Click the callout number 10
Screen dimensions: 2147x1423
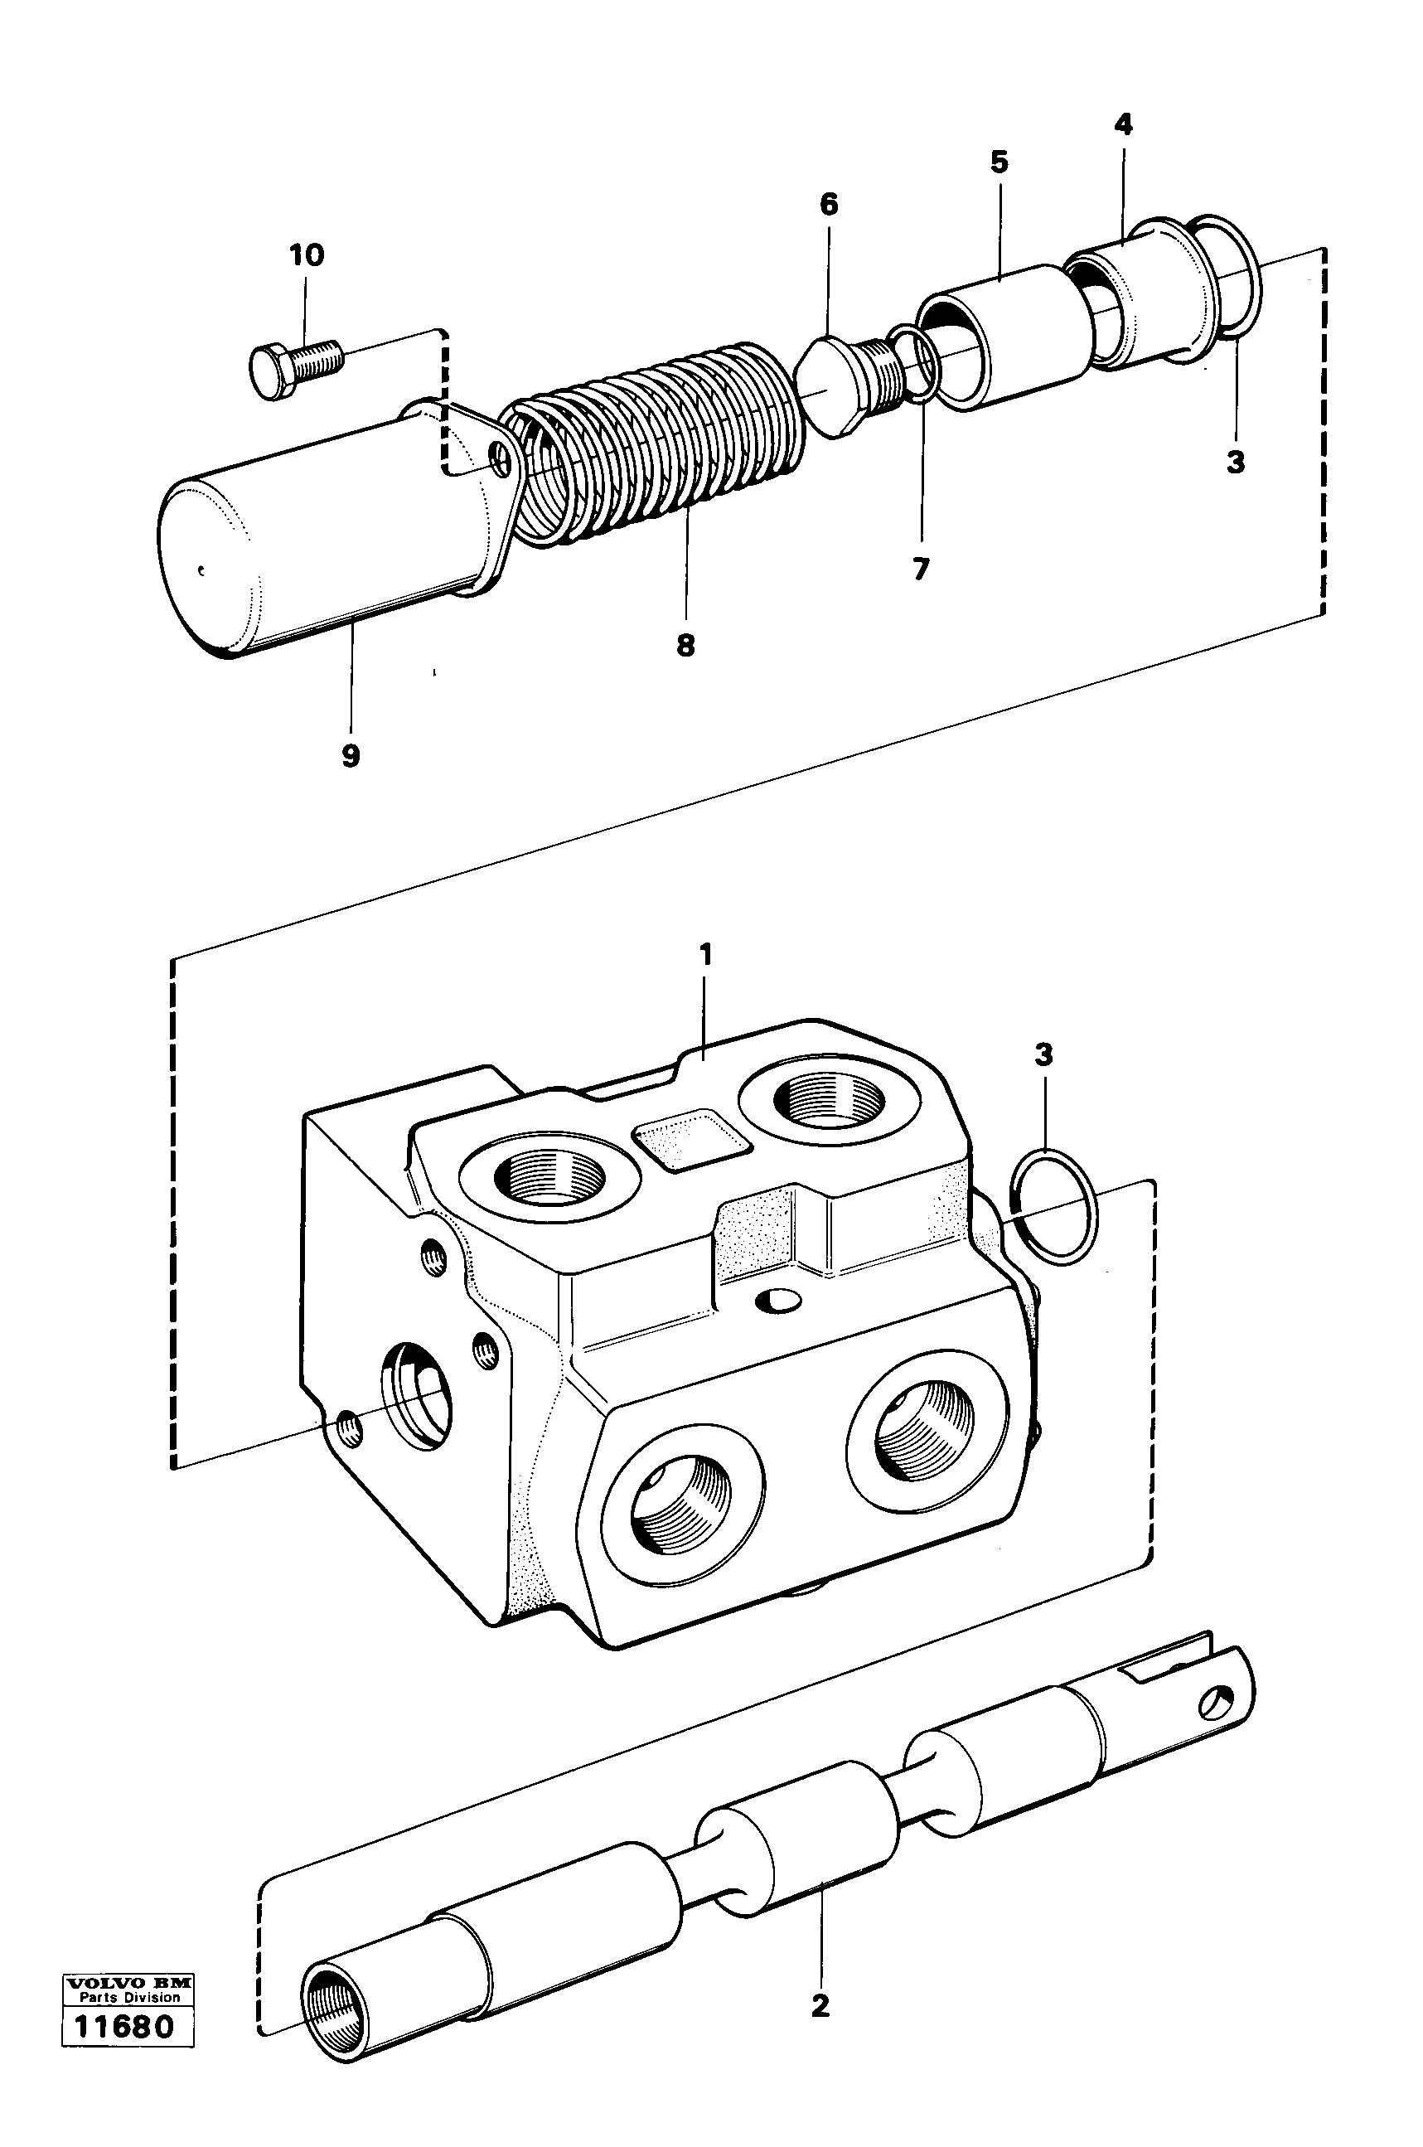306,255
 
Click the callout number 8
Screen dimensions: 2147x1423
685,646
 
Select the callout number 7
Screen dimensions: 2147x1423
920,569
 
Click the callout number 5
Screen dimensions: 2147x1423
999,162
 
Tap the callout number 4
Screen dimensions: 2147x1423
1123,124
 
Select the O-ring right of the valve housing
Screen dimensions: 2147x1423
1053,1206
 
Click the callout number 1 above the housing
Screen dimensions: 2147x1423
705,954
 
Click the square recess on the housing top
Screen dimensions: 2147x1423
691,1138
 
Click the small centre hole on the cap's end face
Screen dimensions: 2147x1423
203,571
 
